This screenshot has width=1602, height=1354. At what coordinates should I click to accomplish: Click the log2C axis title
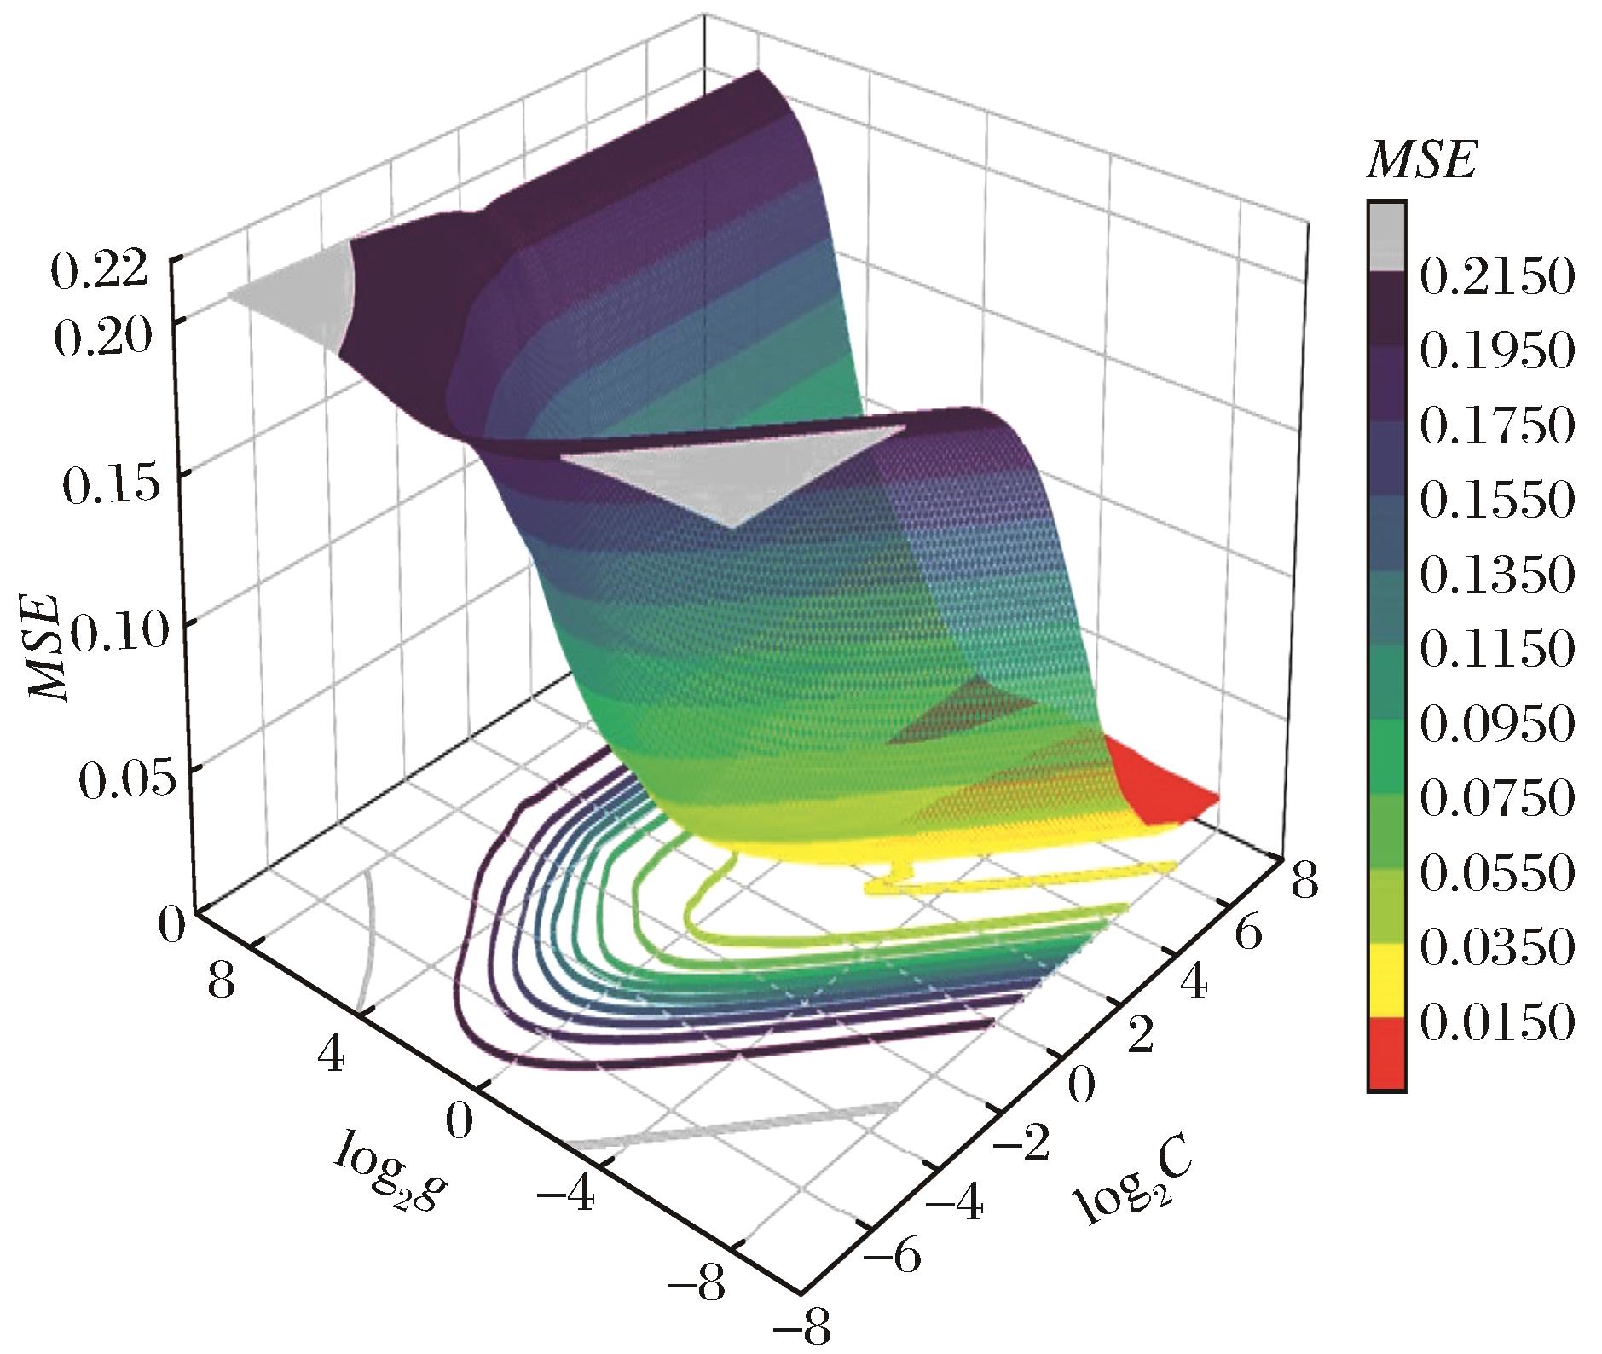tap(1123, 1185)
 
